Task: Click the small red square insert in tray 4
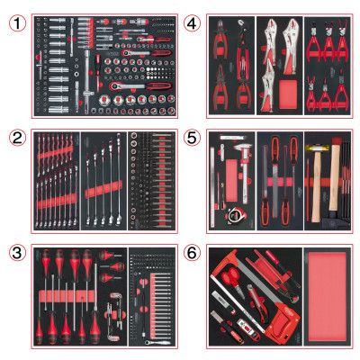(x=281, y=94)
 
